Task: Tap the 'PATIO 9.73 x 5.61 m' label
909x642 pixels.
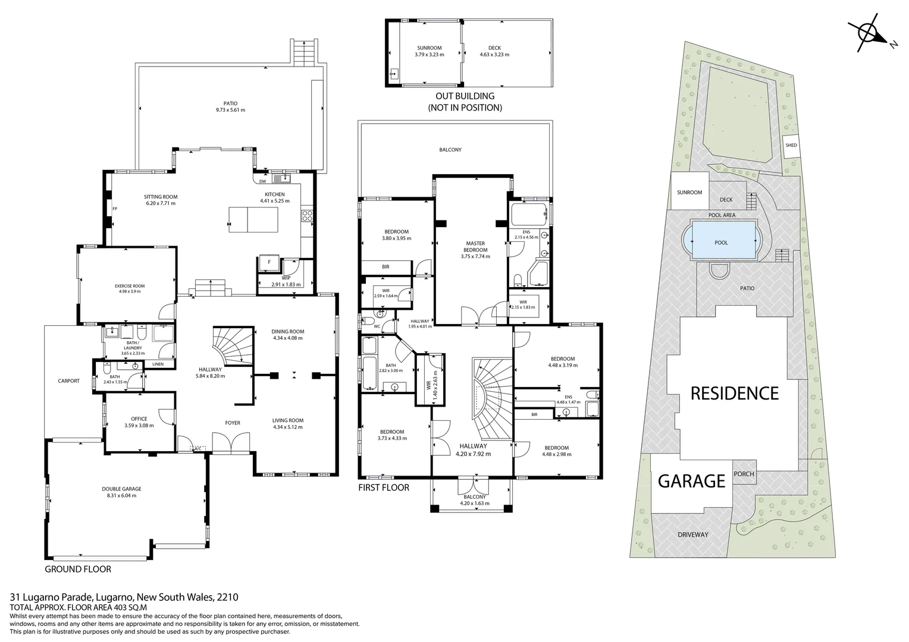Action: (230, 106)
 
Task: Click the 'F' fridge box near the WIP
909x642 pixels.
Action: (269, 262)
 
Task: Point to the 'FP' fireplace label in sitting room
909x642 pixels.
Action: (114, 209)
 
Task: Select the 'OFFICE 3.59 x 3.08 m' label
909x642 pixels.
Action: (139, 422)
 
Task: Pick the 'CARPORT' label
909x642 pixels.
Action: (68, 381)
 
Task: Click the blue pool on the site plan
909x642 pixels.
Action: (721, 243)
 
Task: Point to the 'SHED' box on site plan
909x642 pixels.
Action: (791, 146)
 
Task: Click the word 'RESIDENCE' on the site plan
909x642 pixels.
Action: (734, 393)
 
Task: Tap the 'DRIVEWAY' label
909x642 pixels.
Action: (693, 534)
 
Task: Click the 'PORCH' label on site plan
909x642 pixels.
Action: (744, 474)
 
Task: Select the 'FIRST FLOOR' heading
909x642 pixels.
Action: (384, 487)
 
